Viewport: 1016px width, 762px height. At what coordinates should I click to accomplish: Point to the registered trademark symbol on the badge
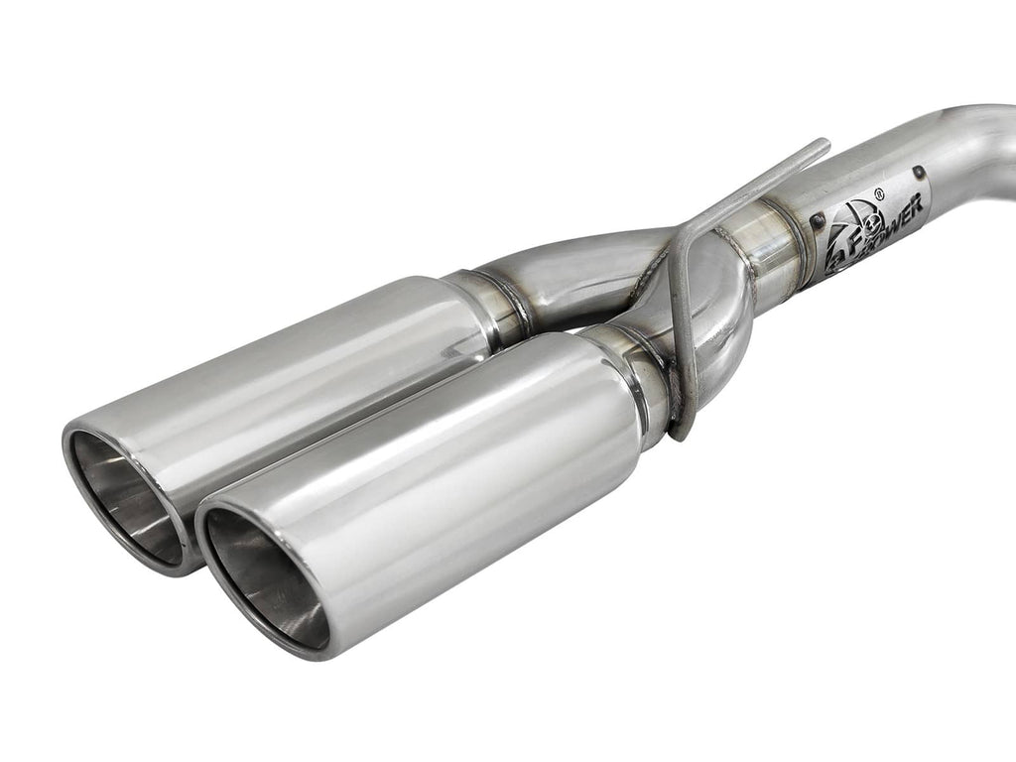pyautogui.click(x=879, y=194)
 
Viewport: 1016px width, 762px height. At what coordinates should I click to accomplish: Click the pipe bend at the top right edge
pyautogui.click(x=982, y=139)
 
